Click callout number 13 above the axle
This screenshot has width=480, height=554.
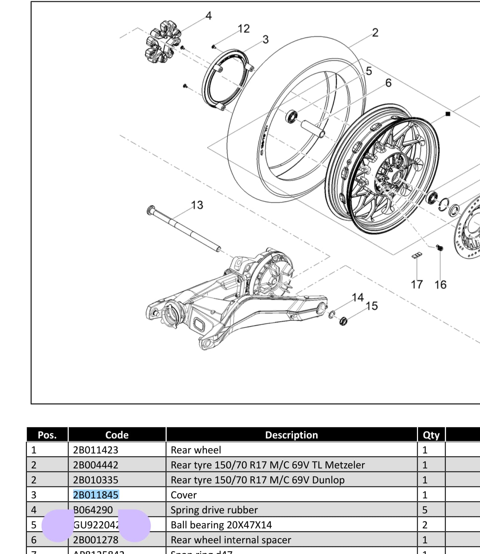click(x=197, y=205)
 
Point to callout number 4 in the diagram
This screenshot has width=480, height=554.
click(x=208, y=16)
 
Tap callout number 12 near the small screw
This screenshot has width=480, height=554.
click(x=244, y=29)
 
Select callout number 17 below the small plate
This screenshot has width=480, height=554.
click(x=417, y=284)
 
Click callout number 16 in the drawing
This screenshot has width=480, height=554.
click(x=440, y=285)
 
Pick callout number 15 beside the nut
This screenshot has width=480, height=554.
click(x=372, y=306)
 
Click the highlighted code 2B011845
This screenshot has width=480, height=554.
click(x=96, y=495)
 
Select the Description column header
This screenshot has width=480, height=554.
click(x=291, y=435)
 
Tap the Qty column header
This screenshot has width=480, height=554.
click(x=431, y=435)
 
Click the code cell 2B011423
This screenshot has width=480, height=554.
click(x=96, y=450)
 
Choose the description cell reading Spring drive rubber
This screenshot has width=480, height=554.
click(x=214, y=510)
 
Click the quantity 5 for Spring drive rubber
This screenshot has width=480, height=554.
click(x=425, y=510)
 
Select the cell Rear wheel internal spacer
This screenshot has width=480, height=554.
click(x=231, y=540)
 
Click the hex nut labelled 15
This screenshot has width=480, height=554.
click(x=343, y=321)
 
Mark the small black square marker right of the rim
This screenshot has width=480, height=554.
click(x=448, y=114)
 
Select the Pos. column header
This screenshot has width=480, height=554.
click(x=47, y=435)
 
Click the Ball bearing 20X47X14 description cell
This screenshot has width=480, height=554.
click(x=221, y=525)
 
